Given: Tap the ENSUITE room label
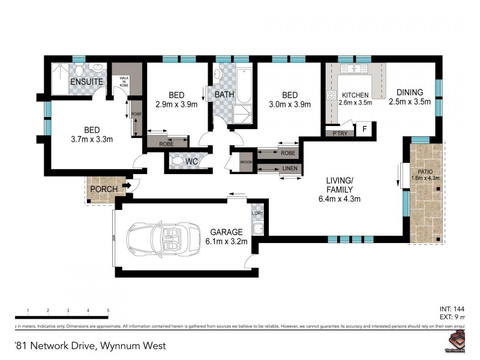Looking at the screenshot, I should point(87,81).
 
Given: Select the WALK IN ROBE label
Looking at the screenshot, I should point(124,82).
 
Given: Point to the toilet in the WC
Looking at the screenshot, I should point(179,161).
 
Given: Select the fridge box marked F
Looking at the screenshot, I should point(363,130).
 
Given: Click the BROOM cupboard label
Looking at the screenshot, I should point(246,162).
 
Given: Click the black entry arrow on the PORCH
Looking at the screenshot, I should point(127,187).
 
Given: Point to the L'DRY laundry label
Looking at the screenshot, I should point(257,214).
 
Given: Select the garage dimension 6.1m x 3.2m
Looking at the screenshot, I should point(226,242).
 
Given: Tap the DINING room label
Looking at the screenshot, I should point(410,92).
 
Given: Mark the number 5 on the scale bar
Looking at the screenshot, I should point(108,310).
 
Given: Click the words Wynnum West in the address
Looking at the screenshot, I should point(133,346).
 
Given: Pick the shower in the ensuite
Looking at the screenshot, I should point(59,80).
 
